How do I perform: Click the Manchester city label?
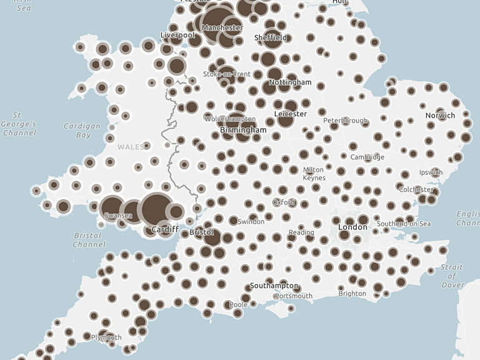tap(222, 28)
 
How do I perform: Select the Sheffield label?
tap(271, 38)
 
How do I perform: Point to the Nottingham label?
tap(290, 82)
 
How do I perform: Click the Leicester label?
tap(291, 114)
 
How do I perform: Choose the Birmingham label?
tap(243, 130)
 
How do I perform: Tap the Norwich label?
tap(440, 116)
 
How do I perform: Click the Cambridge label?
tap(367, 157)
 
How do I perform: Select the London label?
tap(352, 227)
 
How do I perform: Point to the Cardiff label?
tap(165, 230)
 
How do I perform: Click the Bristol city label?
tap(201, 232)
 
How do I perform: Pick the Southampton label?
tap(273, 286)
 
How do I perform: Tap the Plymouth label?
tap(107, 337)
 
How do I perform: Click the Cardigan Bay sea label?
tap(82, 131)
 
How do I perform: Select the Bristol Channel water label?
tap(89, 240)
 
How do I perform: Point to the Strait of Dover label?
tap(452, 276)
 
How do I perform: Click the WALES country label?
tap(131, 147)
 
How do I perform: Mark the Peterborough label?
tap(346, 121)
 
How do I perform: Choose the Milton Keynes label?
tap(313, 174)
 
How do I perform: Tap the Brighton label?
tap(352, 294)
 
